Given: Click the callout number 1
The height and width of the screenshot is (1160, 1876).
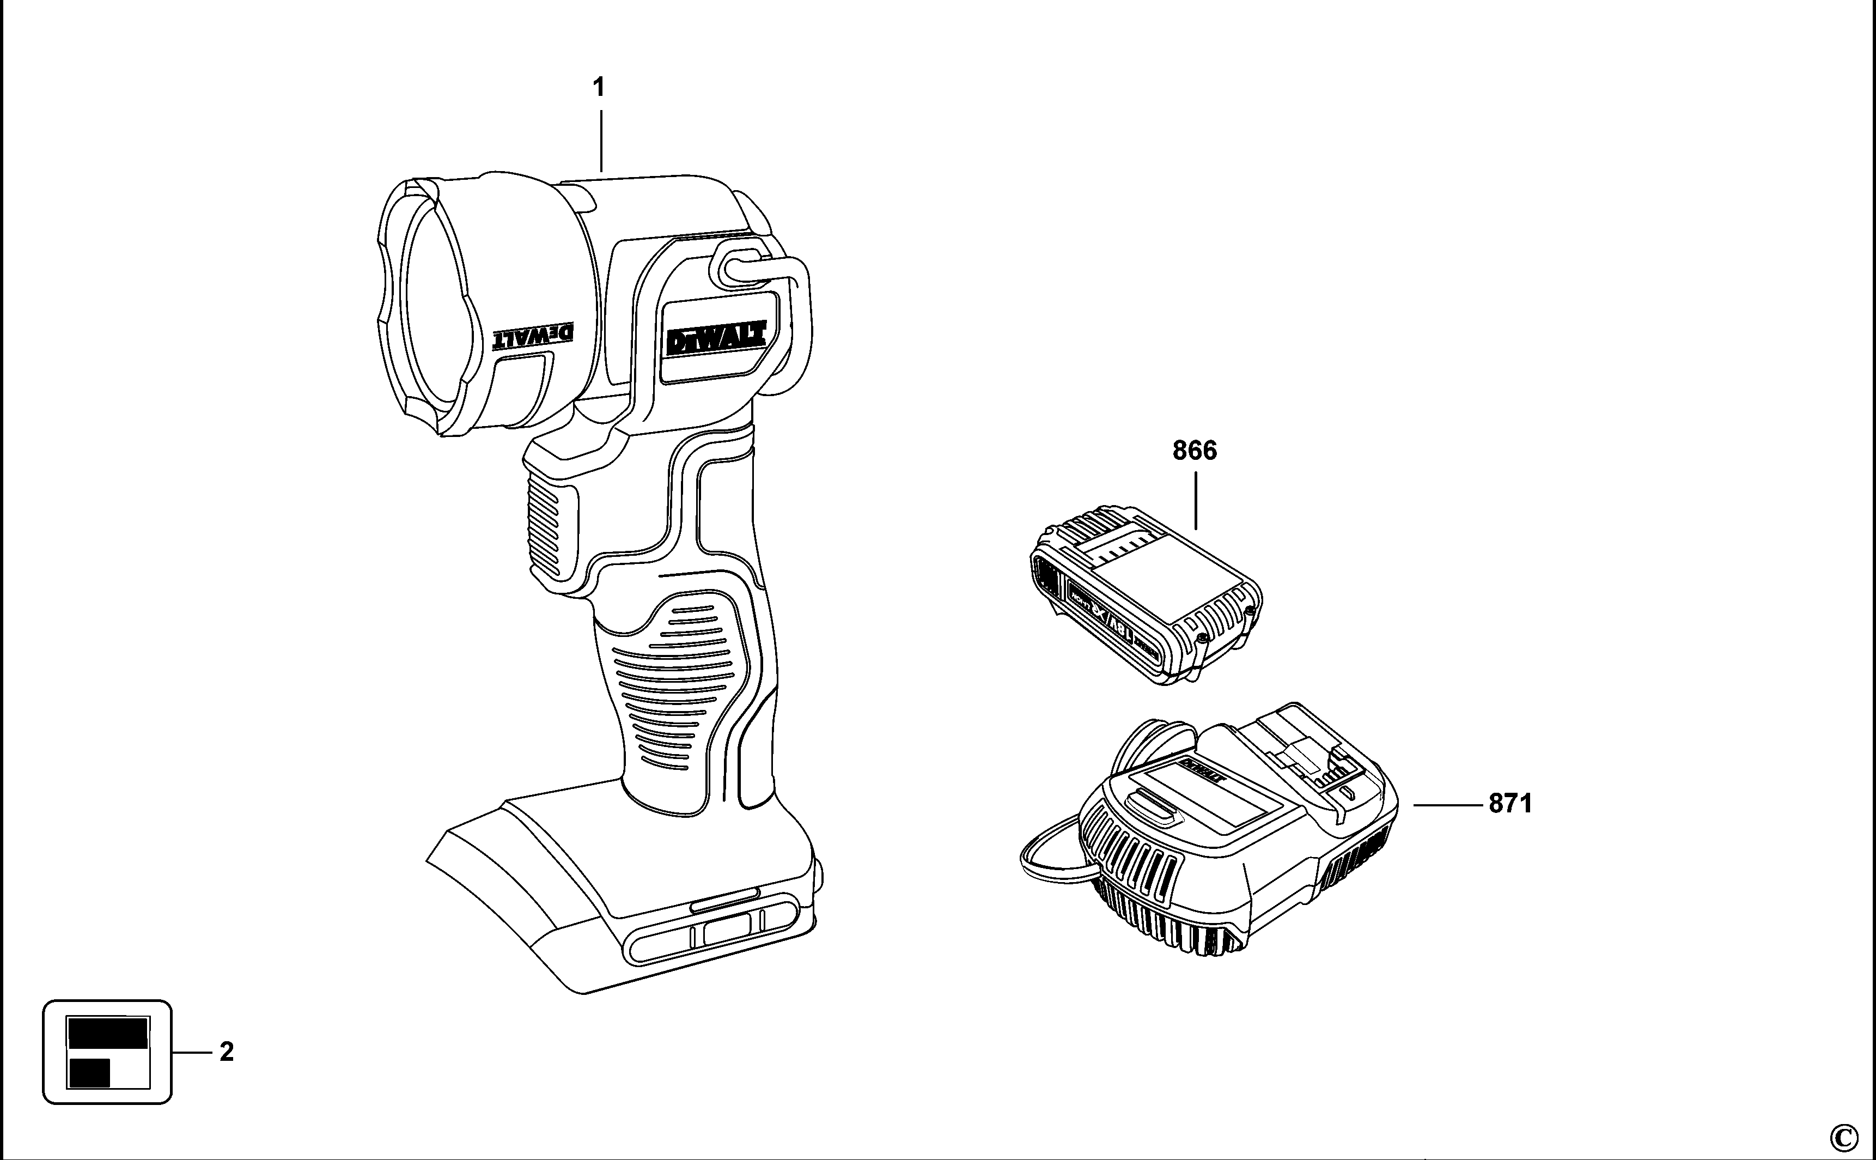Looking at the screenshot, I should click(x=599, y=88).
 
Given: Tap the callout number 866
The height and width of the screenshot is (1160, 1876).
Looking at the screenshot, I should click(x=1194, y=451).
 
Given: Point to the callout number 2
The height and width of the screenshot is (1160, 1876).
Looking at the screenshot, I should click(x=226, y=1052).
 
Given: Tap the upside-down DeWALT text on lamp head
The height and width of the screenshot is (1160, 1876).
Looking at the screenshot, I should click(x=533, y=335).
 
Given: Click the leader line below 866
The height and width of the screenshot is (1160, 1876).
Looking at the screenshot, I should click(x=1196, y=500).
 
